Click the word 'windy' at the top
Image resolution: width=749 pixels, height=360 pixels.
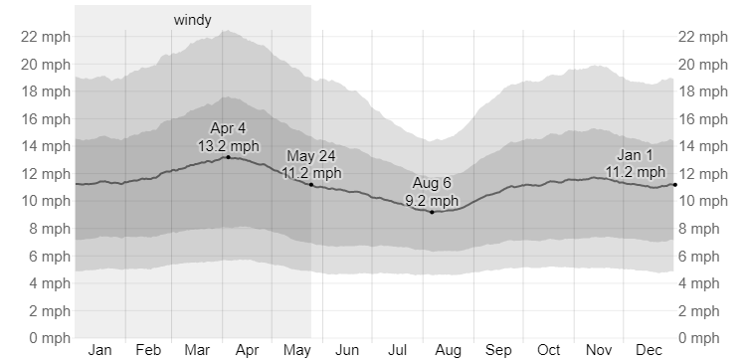(x=193, y=20)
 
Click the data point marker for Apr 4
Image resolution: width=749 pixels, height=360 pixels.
(x=229, y=157)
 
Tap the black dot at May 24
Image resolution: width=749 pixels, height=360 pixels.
(x=311, y=185)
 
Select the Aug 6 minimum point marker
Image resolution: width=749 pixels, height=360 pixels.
(x=433, y=212)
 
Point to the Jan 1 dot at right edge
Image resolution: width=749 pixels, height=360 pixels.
(x=675, y=185)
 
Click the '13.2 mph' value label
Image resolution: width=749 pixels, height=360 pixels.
(x=229, y=145)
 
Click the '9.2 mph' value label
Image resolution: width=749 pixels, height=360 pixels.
(x=432, y=201)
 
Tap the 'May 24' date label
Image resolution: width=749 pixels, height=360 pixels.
(x=311, y=156)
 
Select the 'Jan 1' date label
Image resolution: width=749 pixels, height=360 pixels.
(x=636, y=155)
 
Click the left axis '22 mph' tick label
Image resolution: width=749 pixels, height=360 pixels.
(x=46, y=37)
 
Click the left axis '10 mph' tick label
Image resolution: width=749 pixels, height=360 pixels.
(x=46, y=201)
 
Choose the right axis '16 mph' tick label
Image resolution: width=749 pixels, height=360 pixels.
(x=703, y=119)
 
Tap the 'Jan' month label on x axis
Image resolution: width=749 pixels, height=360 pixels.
(x=99, y=350)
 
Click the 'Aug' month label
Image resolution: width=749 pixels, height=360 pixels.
(x=448, y=351)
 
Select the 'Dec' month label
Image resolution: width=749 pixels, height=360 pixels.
(x=649, y=350)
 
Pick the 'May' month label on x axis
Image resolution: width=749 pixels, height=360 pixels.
(x=297, y=351)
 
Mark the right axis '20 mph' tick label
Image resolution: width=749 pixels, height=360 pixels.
(x=703, y=65)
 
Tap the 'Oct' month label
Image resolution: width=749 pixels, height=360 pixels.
(x=548, y=350)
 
